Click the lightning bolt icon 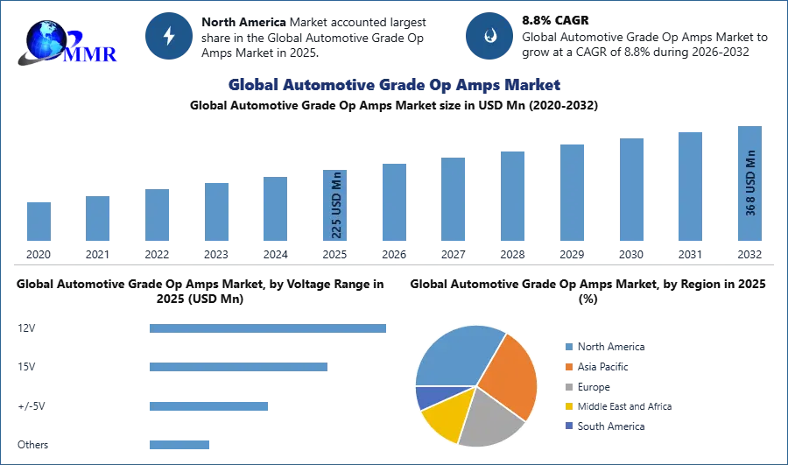(170, 36)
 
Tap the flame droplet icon (489, 36)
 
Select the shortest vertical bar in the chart (39, 221)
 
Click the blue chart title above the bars (392, 85)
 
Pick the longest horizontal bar (269, 329)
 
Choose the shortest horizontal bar (179, 444)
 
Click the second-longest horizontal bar (238, 364)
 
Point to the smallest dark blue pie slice (428, 397)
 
